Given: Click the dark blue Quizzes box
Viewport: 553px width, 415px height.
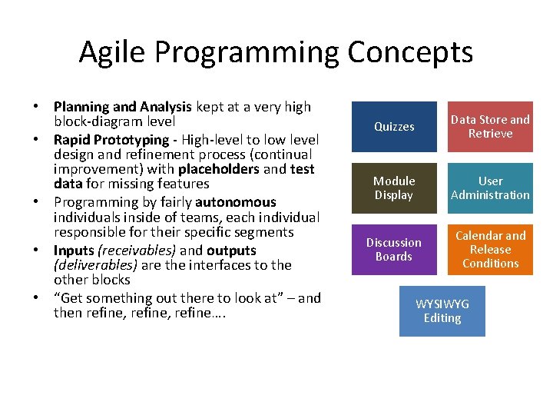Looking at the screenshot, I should tap(394, 127).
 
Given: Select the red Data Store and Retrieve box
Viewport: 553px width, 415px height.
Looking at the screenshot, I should tap(490, 127).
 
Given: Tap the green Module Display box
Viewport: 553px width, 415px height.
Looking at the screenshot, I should tap(394, 188).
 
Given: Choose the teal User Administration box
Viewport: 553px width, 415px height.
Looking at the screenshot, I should tap(490, 188).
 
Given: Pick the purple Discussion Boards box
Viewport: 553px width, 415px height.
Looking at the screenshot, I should tap(394, 250).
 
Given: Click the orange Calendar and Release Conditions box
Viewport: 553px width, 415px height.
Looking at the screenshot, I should tap(490, 250).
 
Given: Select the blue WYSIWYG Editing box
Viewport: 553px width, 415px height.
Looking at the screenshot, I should tap(442, 311).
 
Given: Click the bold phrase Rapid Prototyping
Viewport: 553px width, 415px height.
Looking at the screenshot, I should tap(111, 140).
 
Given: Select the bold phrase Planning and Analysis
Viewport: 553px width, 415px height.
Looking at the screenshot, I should tap(123, 107).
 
